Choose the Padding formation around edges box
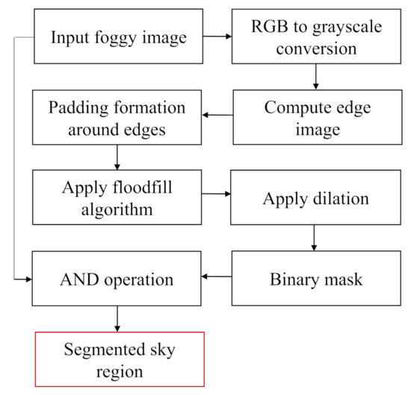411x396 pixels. (x=116, y=117)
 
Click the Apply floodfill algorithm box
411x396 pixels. (x=116, y=198)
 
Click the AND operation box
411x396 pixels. (x=116, y=279)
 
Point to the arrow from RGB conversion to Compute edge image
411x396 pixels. (x=316, y=76)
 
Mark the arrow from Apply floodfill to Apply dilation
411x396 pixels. (x=217, y=194)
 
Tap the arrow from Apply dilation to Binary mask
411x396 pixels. (x=316, y=239)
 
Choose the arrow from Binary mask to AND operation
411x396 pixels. (x=217, y=278)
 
